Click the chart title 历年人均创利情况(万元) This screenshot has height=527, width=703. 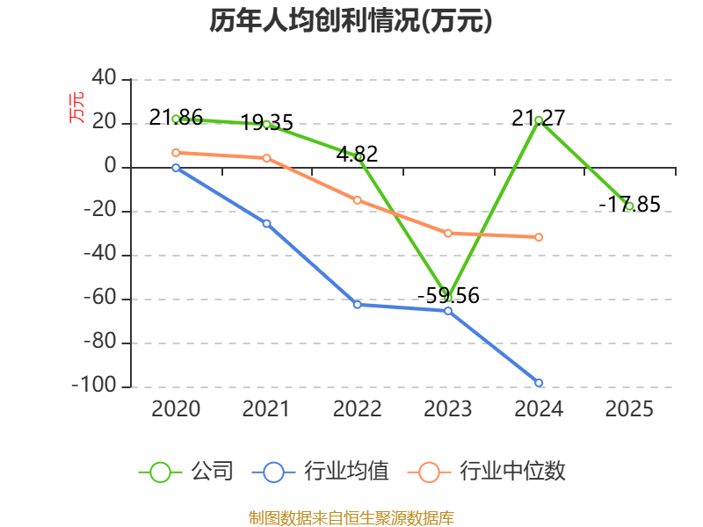tap(351, 21)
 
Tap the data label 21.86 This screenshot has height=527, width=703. tap(176, 117)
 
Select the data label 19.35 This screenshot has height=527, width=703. tap(266, 122)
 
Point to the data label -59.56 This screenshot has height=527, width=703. tap(448, 295)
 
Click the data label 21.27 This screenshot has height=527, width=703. tap(539, 117)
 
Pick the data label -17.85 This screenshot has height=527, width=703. tap(629, 204)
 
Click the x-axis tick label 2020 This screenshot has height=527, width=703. tap(176, 408)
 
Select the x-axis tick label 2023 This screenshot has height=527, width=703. tap(448, 408)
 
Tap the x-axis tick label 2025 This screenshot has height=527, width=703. tap(629, 408)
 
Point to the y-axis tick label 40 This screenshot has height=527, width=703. tap(104, 79)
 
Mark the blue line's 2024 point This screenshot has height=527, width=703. tap(539, 383)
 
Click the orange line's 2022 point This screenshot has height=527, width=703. tap(357, 200)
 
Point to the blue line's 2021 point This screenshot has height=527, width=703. tap(266, 223)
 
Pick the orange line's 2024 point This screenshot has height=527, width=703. tap(539, 237)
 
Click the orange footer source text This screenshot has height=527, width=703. tap(351, 517)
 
